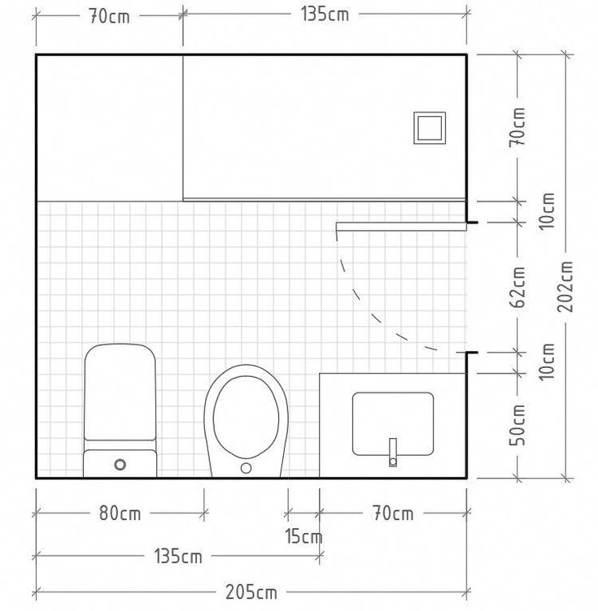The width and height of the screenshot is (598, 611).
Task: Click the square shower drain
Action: pos(430,128)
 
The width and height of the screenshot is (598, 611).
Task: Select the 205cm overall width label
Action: pos(251,592)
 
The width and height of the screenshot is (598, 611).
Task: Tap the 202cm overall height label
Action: pos(565,286)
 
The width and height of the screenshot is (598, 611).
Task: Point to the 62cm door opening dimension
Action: pos(517,287)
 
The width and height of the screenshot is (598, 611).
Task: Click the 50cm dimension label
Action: pos(517,425)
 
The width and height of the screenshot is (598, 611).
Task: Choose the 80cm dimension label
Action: pos(120,513)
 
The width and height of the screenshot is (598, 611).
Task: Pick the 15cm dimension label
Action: pos(303,536)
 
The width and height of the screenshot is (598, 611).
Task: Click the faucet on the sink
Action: pos(393,453)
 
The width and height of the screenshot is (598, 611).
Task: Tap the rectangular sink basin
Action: pos(393,424)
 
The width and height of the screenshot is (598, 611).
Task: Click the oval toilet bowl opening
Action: pos(247,417)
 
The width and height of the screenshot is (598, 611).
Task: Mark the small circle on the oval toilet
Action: pos(246,468)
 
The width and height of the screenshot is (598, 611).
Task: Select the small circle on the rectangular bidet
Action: pos(120,465)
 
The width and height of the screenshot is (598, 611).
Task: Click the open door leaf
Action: pos(401,227)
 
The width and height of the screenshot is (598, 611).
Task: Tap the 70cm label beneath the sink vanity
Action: pos(393,513)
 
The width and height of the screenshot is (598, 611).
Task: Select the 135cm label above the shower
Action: pos(325,15)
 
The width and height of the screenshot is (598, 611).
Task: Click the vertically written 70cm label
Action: pos(517,127)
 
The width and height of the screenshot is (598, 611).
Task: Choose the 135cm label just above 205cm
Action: pos(178,556)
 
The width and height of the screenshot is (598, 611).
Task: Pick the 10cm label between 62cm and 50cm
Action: pos(547,362)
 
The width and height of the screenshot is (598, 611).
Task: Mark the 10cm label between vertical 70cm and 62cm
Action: pos(547,210)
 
